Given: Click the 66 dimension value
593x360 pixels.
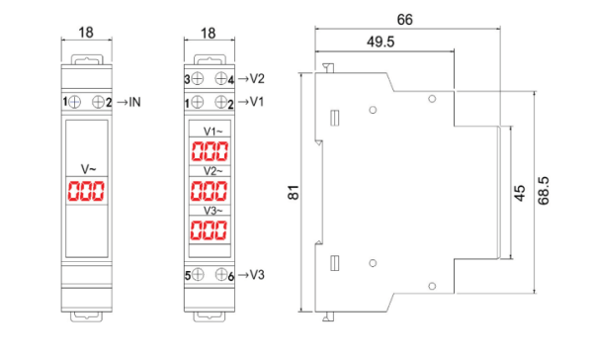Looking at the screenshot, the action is coord(404,20).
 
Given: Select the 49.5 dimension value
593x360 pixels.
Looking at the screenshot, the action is coord(381,42).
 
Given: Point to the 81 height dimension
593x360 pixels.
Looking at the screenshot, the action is coord(294,193).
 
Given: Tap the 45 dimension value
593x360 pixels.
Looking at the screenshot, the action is coord(520,193).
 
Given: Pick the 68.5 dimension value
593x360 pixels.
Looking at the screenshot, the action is coord(544,191).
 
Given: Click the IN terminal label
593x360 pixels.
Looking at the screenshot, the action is coord(134,102).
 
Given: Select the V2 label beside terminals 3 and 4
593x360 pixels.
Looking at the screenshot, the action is coord(257,79).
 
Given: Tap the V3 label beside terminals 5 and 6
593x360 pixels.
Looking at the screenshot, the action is coord(257,275).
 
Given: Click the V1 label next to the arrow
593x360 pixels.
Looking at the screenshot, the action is coord(257,102).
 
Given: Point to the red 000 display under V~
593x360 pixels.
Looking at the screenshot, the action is coord(86,191).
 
